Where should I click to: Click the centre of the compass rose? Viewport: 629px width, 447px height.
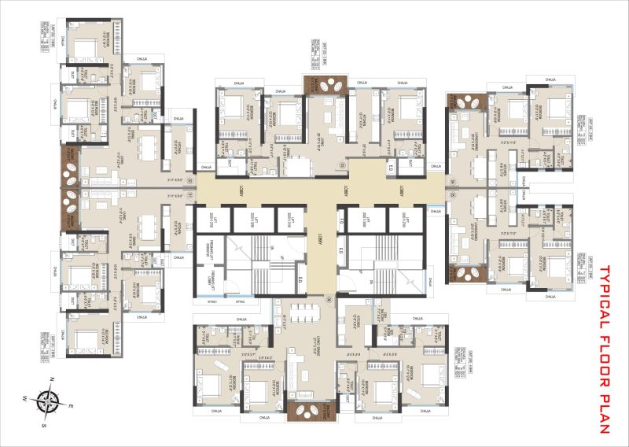(49, 401)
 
